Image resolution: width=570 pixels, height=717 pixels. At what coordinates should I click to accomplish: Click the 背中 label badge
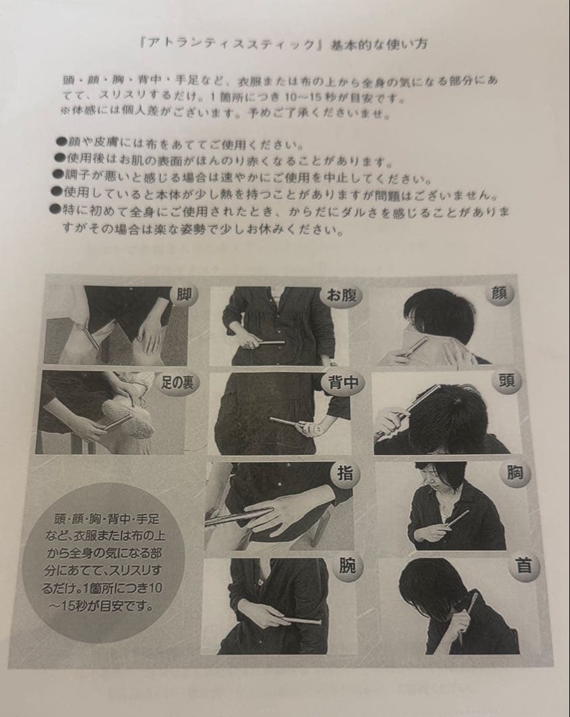(340, 383)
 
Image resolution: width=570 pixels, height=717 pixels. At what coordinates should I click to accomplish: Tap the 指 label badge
(345, 474)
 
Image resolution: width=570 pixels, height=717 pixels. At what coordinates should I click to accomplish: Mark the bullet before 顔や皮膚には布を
(60, 144)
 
